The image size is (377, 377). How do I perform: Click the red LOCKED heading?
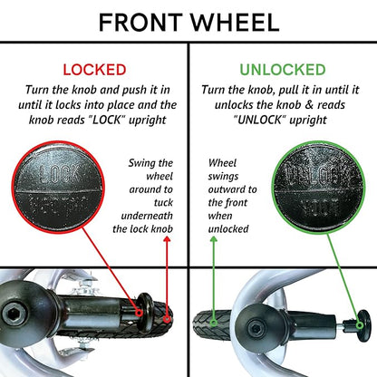94,70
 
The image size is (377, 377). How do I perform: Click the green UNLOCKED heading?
283,70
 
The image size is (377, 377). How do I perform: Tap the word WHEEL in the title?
234,23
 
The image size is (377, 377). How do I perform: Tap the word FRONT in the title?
140,23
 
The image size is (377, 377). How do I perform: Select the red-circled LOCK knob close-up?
58,187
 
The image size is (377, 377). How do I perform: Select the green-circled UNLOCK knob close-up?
318,188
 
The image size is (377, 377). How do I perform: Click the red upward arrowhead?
167,239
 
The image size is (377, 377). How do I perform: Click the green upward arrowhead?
214,239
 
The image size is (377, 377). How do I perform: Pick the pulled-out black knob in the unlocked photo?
362,325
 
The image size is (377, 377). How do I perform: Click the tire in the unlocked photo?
212,325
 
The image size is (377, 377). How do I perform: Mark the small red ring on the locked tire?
167,319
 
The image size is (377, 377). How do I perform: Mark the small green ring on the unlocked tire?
214,324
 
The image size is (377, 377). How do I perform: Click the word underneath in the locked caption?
147,216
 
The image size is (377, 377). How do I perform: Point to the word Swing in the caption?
141,163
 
